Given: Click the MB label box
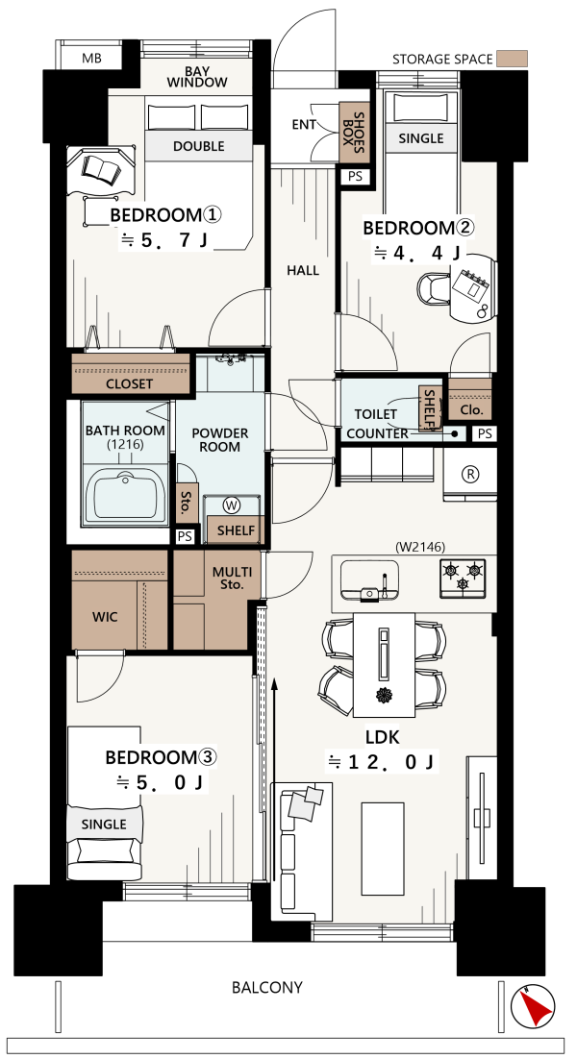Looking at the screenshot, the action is (91, 58).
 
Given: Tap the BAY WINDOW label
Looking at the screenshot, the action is (196, 76).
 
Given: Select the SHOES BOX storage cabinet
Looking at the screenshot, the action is (351, 133).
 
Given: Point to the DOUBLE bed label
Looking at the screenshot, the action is (199, 147).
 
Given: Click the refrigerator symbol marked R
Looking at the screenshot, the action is (469, 474).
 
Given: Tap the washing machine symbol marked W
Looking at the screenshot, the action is (232, 505).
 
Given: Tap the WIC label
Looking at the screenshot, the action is (105, 617).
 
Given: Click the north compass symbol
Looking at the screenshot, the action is (534, 1006).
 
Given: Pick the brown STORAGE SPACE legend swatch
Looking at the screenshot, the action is (512, 59).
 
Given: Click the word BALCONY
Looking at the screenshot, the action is (267, 988).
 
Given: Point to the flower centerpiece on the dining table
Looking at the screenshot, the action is (383, 695).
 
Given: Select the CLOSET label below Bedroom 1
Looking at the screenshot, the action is (130, 384).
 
